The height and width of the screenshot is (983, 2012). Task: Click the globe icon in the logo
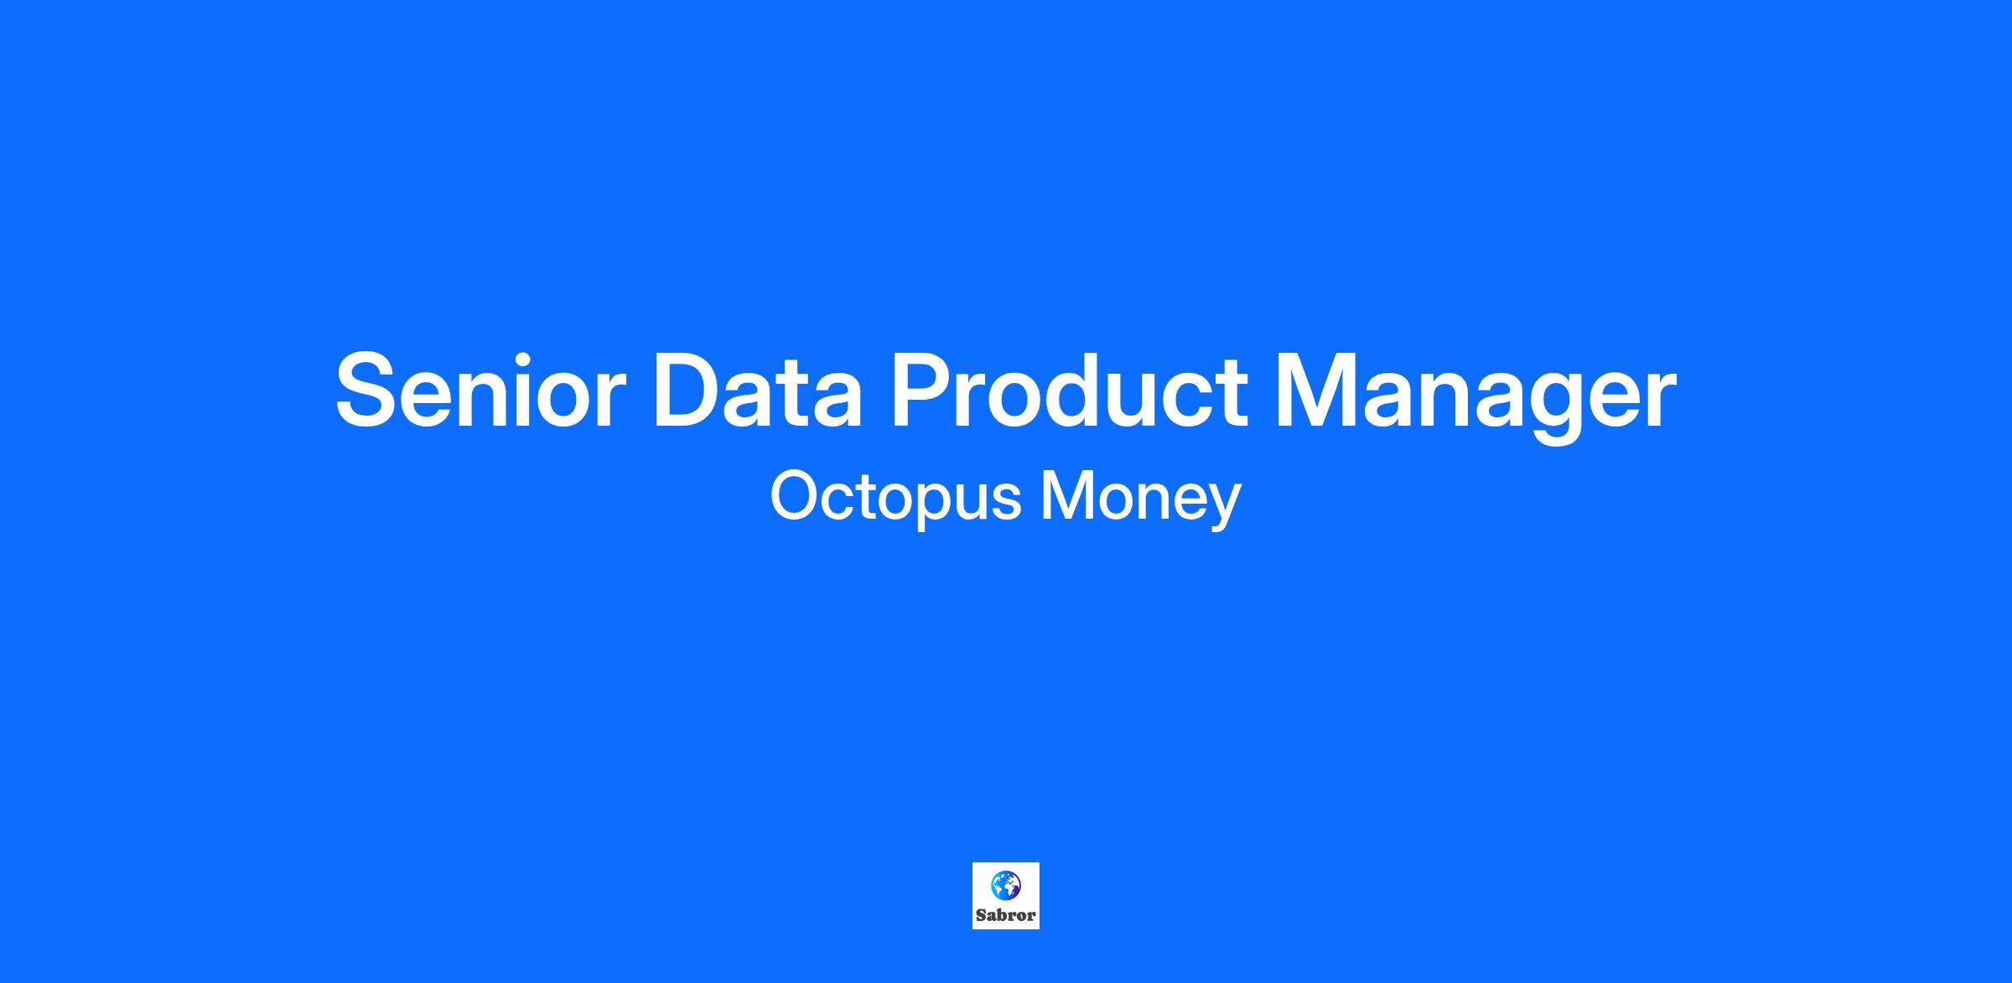pos(1006,885)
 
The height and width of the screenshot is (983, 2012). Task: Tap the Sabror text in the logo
pos(1006,915)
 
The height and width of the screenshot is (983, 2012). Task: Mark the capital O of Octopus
pos(796,496)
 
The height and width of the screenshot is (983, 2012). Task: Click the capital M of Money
pos(1067,496)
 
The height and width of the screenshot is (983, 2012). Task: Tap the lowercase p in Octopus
pos(926,508)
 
